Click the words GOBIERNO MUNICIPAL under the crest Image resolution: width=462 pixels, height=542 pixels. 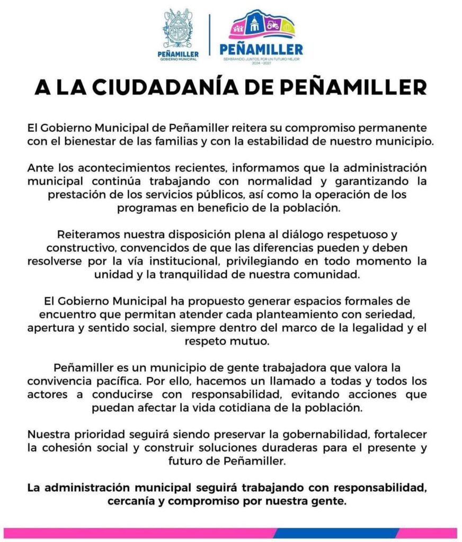[178, 59]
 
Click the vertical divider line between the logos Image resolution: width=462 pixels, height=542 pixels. [209, 35]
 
